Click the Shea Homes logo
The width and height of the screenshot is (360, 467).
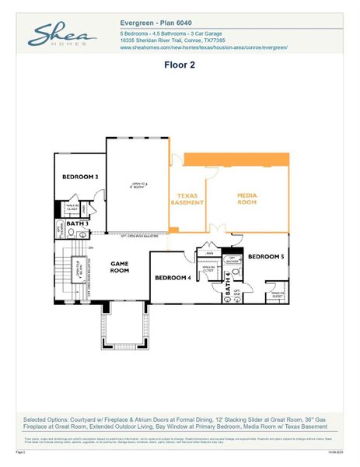[x=62, y=35]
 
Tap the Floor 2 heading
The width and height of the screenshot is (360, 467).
[x=179, y=65]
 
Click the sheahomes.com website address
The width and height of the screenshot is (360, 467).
[x=204, y=47]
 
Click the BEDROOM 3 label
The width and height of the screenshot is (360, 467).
[x=80, y=177]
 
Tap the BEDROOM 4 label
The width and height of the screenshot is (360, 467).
[x=173, y=277]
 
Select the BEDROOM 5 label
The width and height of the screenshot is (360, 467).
[x=266, y=256]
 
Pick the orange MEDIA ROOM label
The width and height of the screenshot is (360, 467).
[x=246, y=199]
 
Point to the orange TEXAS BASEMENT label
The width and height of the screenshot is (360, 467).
[x=187, y=199]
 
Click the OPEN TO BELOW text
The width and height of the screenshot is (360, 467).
[x=138, y=184]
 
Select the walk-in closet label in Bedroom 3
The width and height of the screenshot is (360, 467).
[x=72, y=208]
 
